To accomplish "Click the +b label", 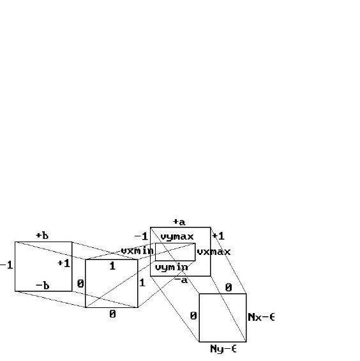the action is (x=42, y=236).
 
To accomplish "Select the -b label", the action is (x=43, y=286).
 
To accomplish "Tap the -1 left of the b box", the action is (x=6, y=265).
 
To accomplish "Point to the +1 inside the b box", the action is (x=64, y=263).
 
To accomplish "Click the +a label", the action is (x=179, y=222).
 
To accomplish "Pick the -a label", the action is (x=181, y=280).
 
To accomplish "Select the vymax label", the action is (x=177, y=236).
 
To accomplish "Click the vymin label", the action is (x=172, y=267).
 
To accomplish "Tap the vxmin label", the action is (x=137, y=250).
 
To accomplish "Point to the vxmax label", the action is (x=214, y=252).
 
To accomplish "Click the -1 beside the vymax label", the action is (x=141, y=236).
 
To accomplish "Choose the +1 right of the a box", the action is (x=218, y=236).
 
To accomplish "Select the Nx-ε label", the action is (x=261, y=318).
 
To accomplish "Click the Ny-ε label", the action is (x=223, y=349).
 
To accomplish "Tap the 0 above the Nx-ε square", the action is (x=229, y=288).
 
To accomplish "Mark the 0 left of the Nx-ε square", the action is (x=193, y=316).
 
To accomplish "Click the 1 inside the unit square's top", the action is (x=112, y=266).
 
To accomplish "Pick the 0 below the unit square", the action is (x=112, y=314).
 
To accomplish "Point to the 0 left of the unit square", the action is (x=80, y=284).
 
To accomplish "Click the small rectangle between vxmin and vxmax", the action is (x=176, y=243).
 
